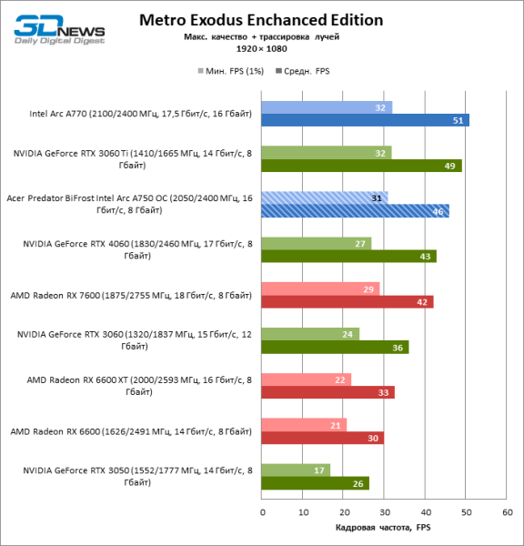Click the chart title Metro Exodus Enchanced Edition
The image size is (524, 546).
(x=261, y=20)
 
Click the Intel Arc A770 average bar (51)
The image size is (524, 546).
(x=365, y=120)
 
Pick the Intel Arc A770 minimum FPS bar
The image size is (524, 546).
(x=327, y=106)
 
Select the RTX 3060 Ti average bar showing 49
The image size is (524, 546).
(x=361, y=166)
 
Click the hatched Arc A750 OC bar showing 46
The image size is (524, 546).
(x=355, y=211)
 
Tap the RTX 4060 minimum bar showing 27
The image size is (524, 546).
(x=317, y=243)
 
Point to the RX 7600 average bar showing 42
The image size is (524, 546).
(x=347, y=302)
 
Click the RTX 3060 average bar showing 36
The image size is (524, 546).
(x=335, y=348)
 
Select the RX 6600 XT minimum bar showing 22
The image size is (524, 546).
(x=307, y=379)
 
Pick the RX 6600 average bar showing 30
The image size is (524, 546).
(x=322, y=438)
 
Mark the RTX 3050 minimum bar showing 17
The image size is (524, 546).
(x=296, y=470)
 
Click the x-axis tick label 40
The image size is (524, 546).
(x=425, y=512)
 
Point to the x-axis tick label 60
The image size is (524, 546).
(x=506, y=512)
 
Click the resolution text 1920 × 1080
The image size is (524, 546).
(x=261, y=48)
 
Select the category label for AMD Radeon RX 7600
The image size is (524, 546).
(x=131, y=296)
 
